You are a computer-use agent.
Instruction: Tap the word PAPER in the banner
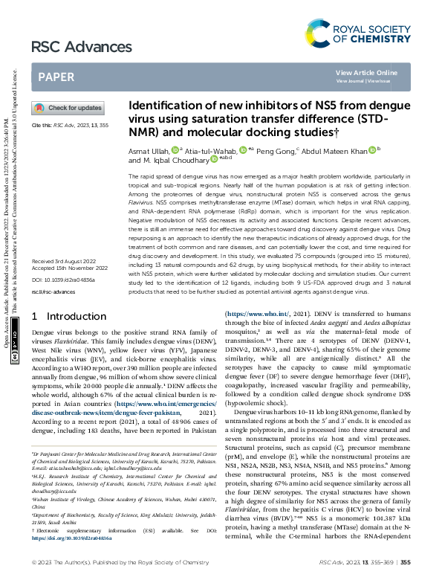pos(56,77)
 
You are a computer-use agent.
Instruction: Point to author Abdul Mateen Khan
pos(337,149)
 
